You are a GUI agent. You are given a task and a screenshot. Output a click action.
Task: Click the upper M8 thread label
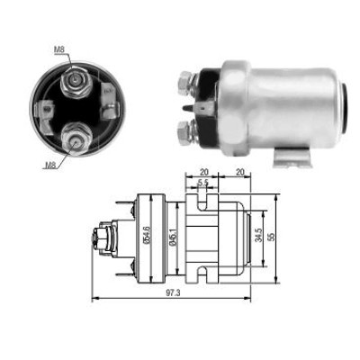[59, 49]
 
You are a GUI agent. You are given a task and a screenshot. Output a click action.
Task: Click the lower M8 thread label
[50, 165]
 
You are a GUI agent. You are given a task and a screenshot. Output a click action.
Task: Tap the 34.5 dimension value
[259, 235]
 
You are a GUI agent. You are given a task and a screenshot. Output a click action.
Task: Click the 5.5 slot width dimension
[203, 183]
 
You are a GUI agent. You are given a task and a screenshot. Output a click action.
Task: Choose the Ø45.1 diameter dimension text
[173, 237]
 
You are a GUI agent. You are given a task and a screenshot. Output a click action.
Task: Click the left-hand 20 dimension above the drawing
[204, 172]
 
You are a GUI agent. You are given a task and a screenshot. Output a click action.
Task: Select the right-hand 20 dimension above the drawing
[240, 172]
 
